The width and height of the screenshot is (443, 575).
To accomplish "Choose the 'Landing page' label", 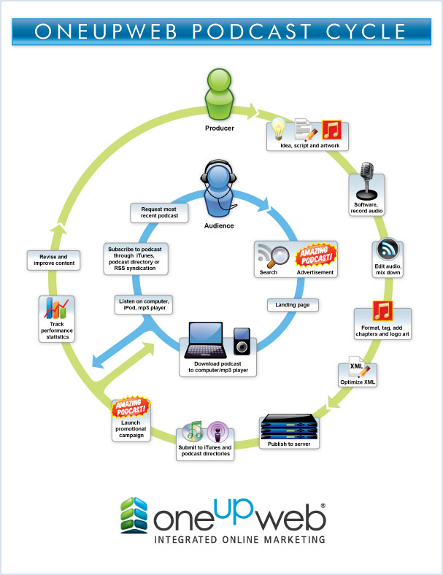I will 292,304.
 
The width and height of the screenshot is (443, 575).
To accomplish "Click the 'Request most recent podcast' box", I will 159,212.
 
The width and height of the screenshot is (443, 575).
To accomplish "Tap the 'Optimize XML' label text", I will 358,382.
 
